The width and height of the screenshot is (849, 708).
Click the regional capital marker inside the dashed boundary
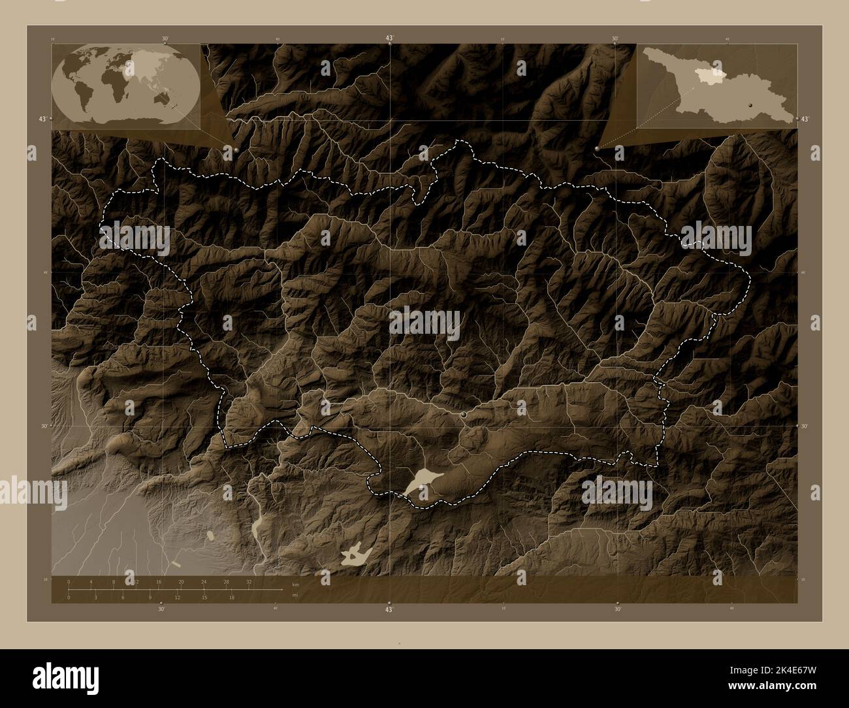pos(464,415)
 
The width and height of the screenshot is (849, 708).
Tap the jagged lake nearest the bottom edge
pos(355,555)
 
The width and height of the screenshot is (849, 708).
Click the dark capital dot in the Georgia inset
pos(751,105)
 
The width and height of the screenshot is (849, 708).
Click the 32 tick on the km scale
pos(249,581)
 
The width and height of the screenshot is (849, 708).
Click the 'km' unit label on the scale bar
pos(296,583)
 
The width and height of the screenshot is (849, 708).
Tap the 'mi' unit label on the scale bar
pos(295,595)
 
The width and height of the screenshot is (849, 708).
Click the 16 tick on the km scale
pos(159,581)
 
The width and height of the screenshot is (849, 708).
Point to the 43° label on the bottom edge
pos(389,609)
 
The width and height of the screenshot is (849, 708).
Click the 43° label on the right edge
pos(805,119)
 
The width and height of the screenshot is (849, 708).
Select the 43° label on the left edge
pos(42,119)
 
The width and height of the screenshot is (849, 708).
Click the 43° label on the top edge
pos(389,39)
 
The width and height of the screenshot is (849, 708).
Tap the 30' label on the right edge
pos(805,426)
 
